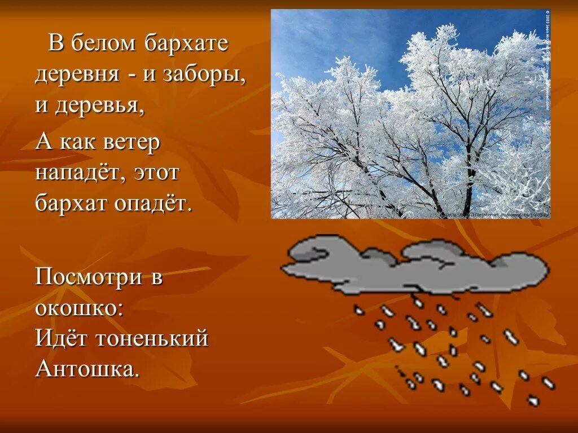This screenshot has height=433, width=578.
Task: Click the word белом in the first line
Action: (x=104, y=43)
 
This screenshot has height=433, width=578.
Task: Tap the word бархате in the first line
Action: (x=187, y=44)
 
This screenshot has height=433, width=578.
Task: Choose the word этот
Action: (x=157, y=172)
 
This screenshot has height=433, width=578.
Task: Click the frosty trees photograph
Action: (x=410, y=113)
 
